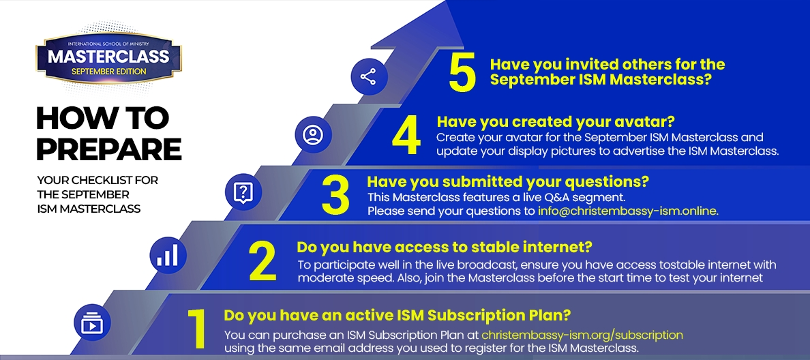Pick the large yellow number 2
pyautogui.click(x=262, y=261)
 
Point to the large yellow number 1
pyautogui.click(x=197, y=329)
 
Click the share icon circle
pyautogui.click(x=369, y=77)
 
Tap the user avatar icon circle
pyautogui.click(x=313, y=135)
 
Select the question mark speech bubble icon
pyautogui.click(x=243, y=192)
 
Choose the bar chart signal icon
pyautogui.click(x=168, y=255)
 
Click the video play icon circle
pyautogui.click(x=93, y=322)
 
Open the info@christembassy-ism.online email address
pyautogui.click(x=628, y=211)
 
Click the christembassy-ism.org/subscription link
pyautogui.click(x=582, y=335)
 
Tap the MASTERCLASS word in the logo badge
pyautogui.click(x=108, y=57)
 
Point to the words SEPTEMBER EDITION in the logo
pyautogui.click(x=108, y=72)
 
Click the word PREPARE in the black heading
pyautogui.click(x=109, y=148)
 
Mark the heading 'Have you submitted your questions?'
pyautogui.click(x=508, y=182)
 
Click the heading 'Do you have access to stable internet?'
pyautogui.click(x=445, y=247)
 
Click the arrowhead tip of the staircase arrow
pyautogui.click(x=445, y=1)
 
